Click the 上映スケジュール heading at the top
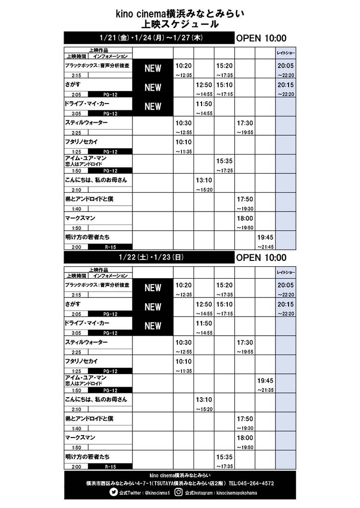click(180, 24)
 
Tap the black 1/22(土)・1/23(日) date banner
click(149, 258)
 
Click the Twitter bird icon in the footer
click(114, 492)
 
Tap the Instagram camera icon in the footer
click(179, 492)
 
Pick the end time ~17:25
click(224, 171)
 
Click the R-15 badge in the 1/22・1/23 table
click(110, 466)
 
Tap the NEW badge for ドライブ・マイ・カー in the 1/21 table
click(153, 106)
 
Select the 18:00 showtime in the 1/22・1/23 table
click(245, 437)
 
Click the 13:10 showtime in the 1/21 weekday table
click(204, 180)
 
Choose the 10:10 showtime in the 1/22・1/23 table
click(183, 361)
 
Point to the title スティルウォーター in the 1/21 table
click(86, 123)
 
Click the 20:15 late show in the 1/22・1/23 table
click(285, 304)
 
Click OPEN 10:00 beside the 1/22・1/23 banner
click(261, 258)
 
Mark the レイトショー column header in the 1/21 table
click(285, 52)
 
